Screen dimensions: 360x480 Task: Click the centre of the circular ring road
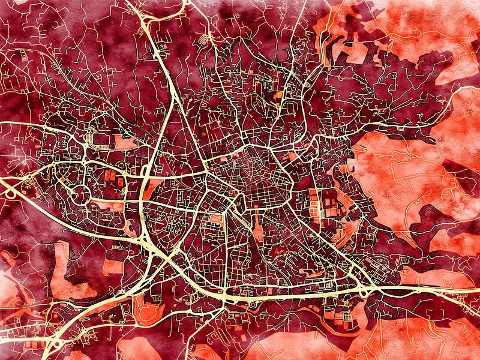click(80, 193)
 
